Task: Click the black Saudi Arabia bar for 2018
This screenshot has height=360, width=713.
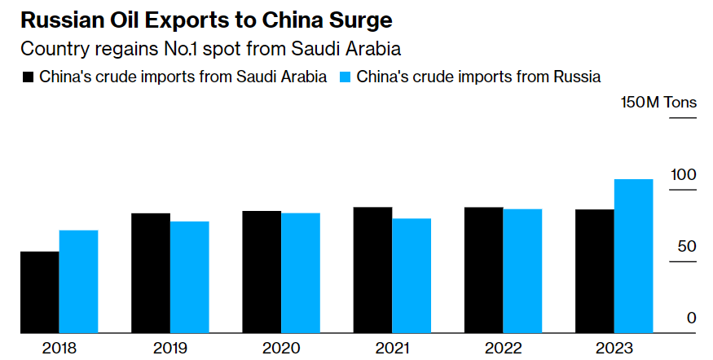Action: (40, 292)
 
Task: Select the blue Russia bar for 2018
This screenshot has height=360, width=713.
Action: (79, 282)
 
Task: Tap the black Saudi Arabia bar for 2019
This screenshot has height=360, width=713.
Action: (151, 273)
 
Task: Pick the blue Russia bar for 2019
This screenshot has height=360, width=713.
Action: (190, 277)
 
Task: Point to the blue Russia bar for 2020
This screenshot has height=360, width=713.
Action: (301, 273)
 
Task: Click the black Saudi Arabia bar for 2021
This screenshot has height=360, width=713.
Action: (372, 270)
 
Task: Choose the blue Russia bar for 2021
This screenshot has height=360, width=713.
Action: (412, 275)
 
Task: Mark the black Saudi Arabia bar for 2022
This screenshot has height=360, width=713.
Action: (483, 270)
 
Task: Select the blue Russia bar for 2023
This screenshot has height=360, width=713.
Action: (633, 256)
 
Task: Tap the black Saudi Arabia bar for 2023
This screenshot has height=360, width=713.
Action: (595, 271)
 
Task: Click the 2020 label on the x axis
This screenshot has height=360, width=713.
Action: (281, 348)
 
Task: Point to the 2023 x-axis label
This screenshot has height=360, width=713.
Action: (614, 348)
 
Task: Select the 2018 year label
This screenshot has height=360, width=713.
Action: (59, 348)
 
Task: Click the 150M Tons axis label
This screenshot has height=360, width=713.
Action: (658, 103)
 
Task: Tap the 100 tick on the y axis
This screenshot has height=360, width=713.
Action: (684, 175)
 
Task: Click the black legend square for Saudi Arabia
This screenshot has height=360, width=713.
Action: (28, 77)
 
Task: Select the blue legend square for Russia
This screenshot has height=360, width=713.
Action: (344, 77)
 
